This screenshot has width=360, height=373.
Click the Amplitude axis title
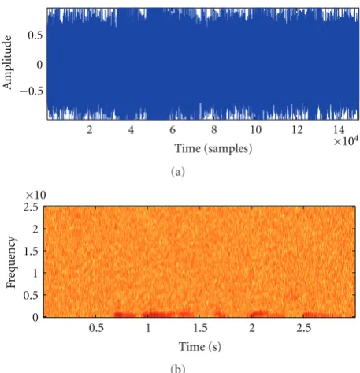[x=7, y=62]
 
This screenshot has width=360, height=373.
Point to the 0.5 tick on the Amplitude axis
[x=35, y=35]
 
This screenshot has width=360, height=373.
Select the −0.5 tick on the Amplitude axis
[x=32, y=91]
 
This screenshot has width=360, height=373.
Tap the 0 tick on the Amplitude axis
[x=39, y=65]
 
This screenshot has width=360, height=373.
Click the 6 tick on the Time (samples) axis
[x=173, y=130]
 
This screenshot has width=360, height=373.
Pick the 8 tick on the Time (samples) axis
[x=214, y=130]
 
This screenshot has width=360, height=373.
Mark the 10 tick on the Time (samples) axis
[x=255, y=130]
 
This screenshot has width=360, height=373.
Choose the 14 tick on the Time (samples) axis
[x=339, y=130]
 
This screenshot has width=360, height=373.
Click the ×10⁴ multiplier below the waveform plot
[x=346, y=141]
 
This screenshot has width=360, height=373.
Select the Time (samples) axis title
[x=213, y=149]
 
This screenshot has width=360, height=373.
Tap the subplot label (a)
[x=178, y=172]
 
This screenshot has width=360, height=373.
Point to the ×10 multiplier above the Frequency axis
[x=36, y=195]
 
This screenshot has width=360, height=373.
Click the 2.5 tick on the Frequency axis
[x=31, y=207]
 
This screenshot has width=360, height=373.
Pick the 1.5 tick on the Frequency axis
[x=31, y=252]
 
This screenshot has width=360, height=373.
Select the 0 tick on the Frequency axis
[x=35, y=318]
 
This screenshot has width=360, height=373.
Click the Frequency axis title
[x=11, y=262]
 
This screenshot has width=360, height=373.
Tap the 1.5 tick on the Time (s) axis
[x=200, y=328]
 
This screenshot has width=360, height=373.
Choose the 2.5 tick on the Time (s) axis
[x=304, y=328]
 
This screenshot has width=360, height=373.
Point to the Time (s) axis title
[x=200, y=347]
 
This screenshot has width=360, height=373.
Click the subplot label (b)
[x=178, y=368]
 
